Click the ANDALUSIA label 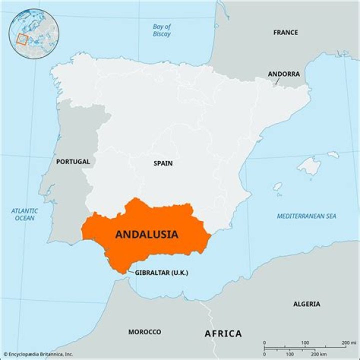146,234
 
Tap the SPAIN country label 163,163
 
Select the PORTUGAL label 73,161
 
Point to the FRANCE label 285,32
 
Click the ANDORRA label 283,74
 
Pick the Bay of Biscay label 161,30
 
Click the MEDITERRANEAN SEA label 306,216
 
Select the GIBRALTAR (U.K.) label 161,272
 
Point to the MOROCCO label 144,332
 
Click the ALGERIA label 306,303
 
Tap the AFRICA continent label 223,333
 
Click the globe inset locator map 34,33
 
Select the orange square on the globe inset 21,39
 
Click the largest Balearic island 308,166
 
